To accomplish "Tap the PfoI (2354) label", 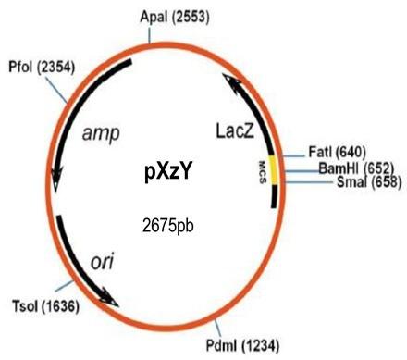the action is tap(42, 67).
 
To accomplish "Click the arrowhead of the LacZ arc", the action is tap(228, 82).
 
